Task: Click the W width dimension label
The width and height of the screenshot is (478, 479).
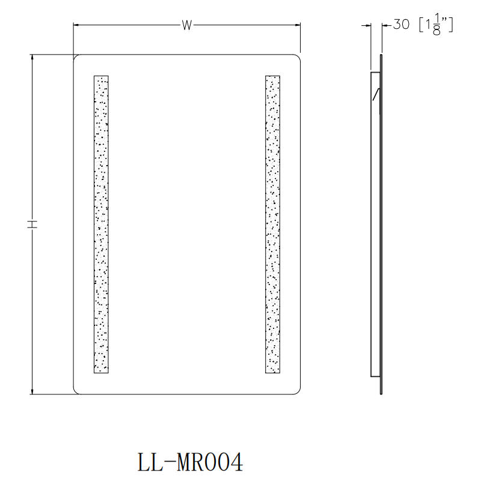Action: tap(186, 25)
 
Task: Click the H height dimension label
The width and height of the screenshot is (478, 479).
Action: tap(32, 224)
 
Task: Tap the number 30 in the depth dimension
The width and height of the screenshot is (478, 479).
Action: tap(401, 25)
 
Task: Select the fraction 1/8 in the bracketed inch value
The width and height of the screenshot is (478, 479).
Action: tap(437, 26)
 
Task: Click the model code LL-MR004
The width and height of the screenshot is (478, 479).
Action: tap(191, 462)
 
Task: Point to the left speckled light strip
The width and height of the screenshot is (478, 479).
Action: tap(101, 224)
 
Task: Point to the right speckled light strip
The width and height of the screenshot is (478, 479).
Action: tap(272, 224)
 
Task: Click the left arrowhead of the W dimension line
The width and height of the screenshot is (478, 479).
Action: tap(76, 25)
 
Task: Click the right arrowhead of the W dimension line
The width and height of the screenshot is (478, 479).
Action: tap(298, 25)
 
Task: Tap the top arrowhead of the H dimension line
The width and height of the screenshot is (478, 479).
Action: tap(32, 57)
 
